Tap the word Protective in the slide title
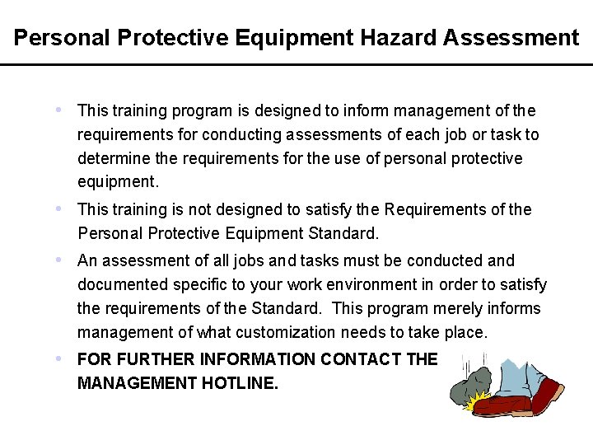point(167,38)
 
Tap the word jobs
point(251,260)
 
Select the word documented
point(123,284)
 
